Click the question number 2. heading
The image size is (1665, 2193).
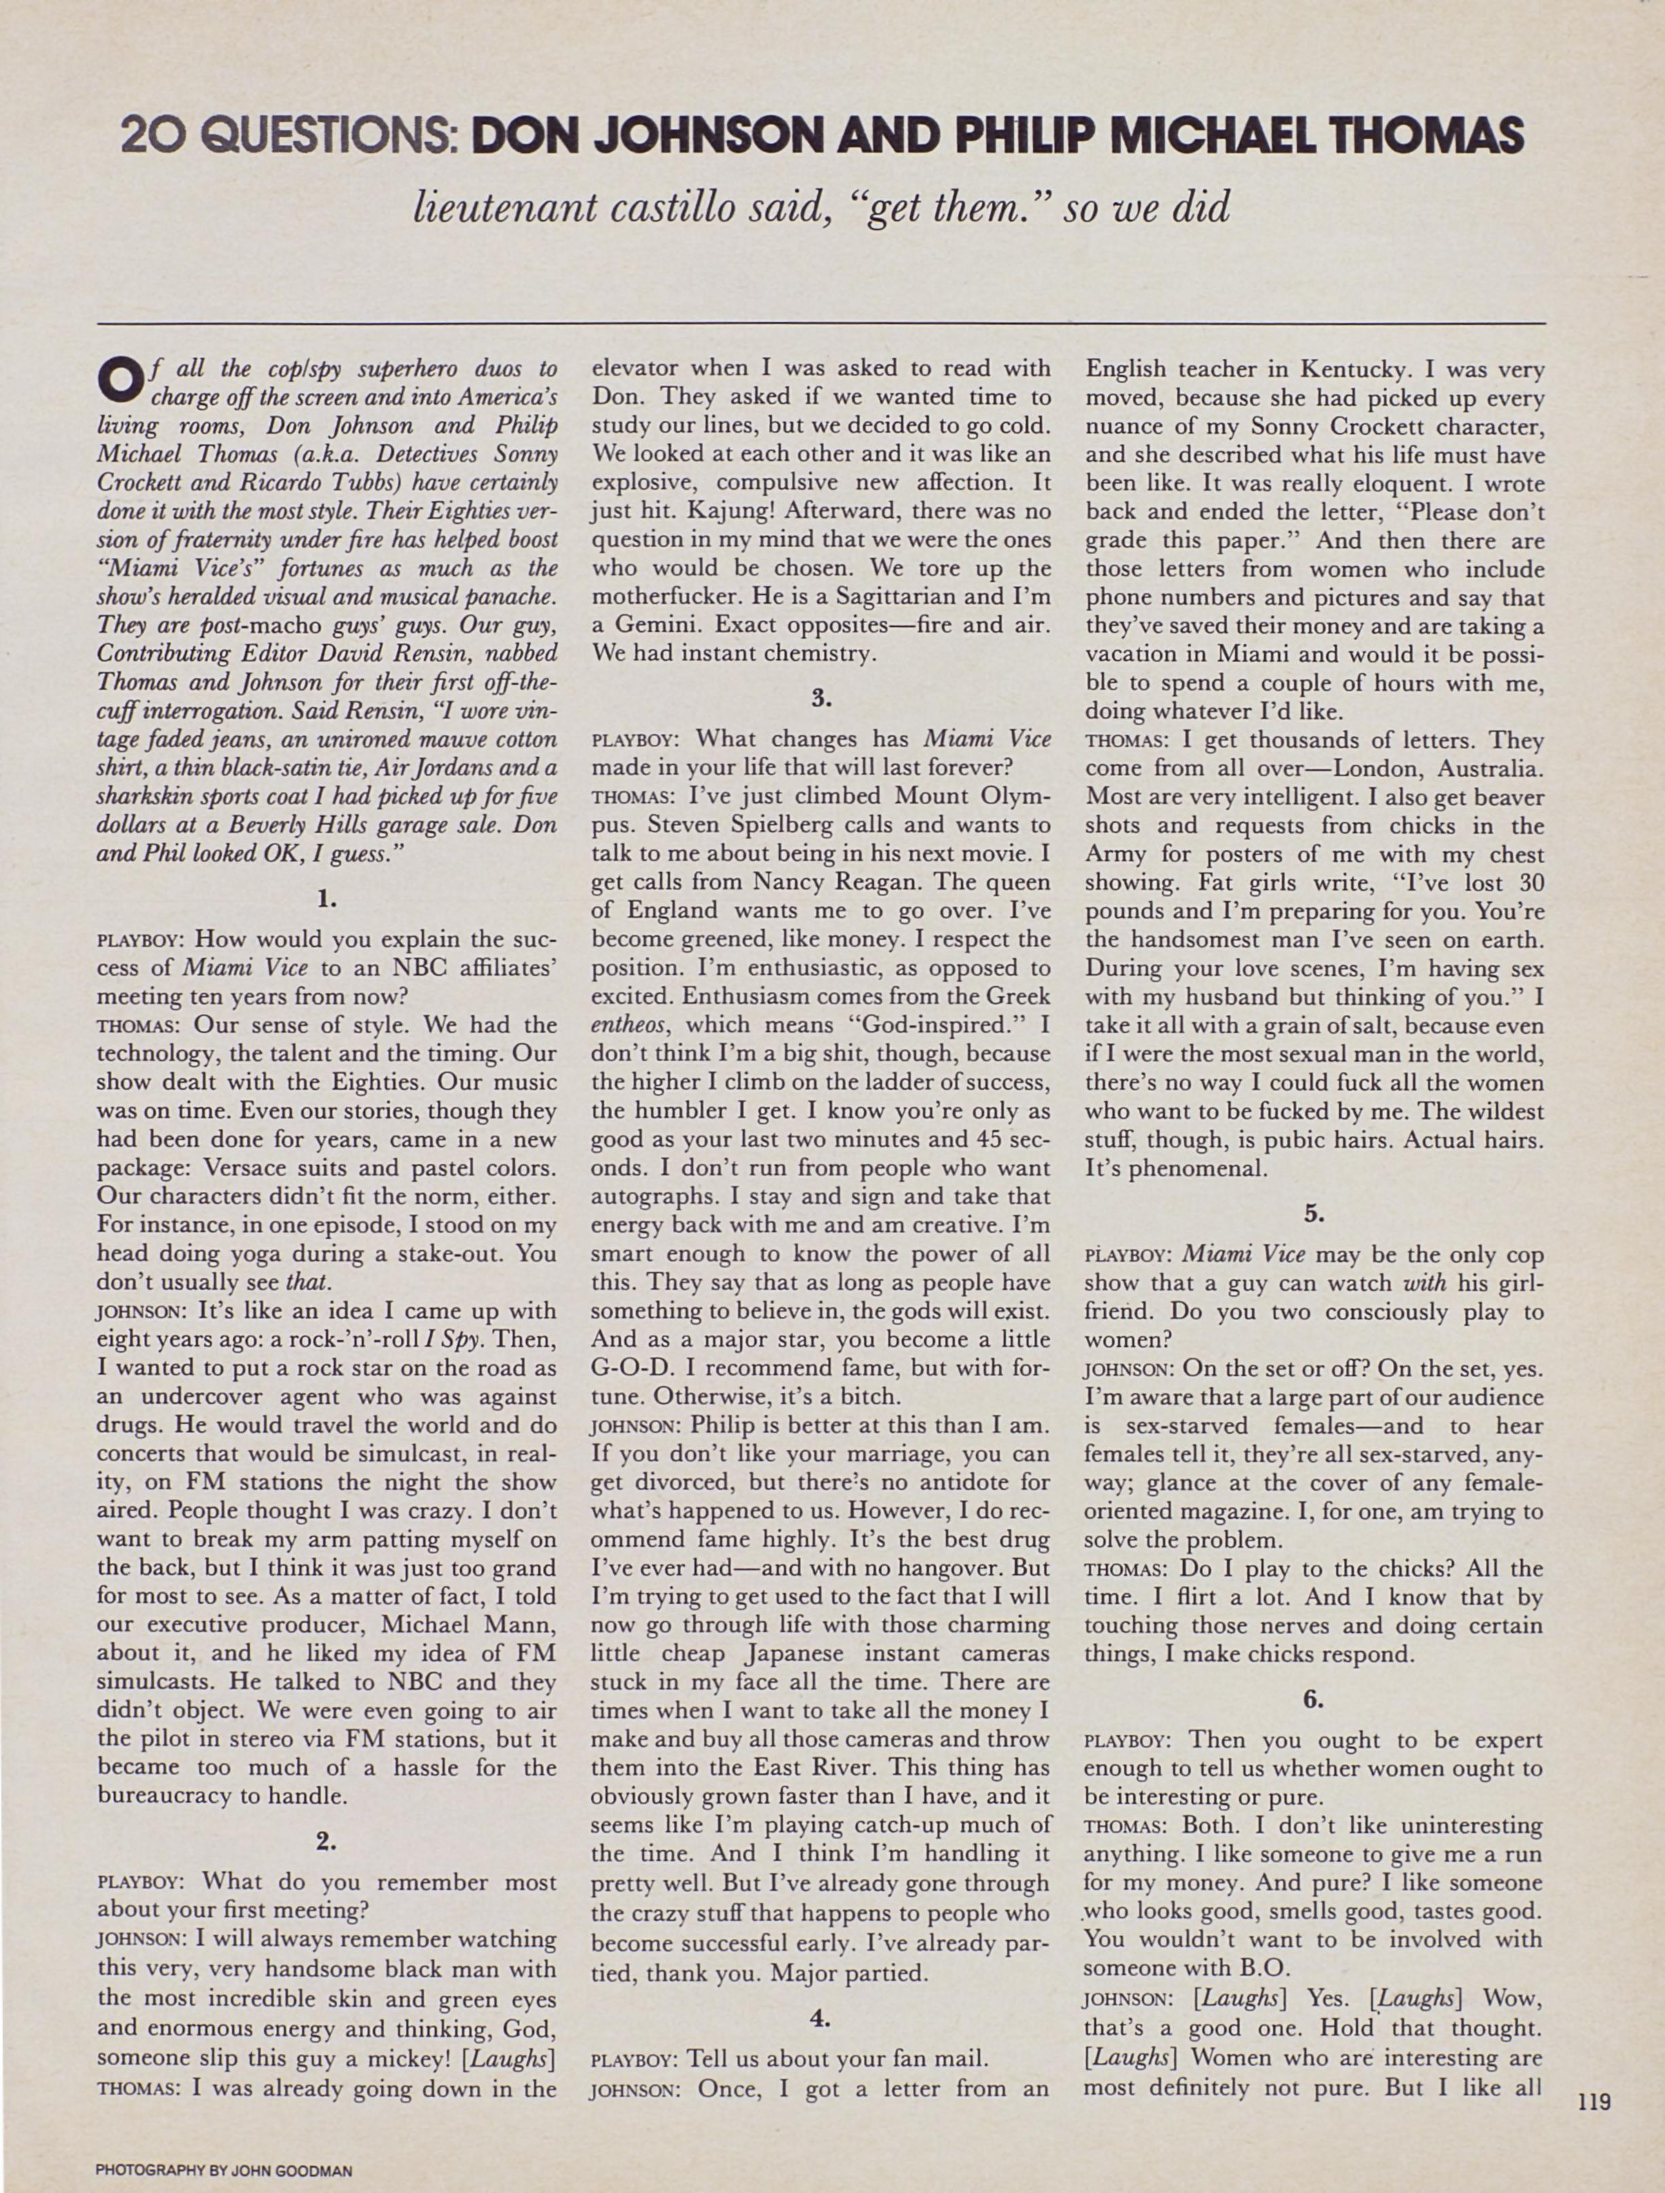tap(326, 1840)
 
